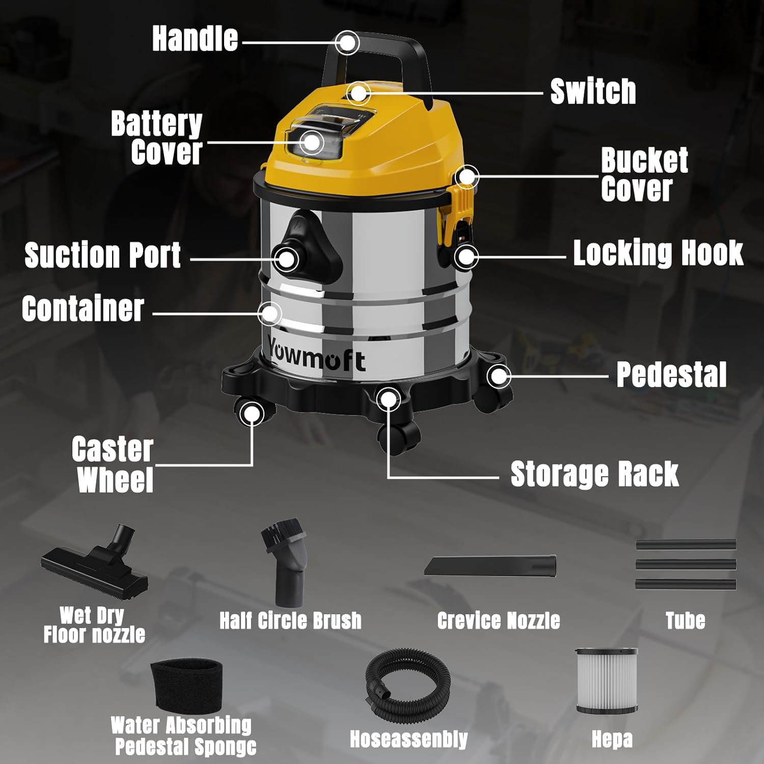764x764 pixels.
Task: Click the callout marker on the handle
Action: click(x=348, y=43)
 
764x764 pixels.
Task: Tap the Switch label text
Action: click(x=593, y=92)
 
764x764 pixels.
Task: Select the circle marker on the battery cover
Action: click(x=312, y=142)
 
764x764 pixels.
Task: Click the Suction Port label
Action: click(x=102, y=255)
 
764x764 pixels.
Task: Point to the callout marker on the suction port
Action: click(x=287, y=259)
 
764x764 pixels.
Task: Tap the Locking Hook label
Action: click(x=658, y=253)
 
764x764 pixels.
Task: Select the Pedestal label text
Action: click(x=671, y=375)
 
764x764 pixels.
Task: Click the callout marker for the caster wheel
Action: click(x=252, y=414)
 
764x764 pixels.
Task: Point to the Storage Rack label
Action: click(x=594, y=474)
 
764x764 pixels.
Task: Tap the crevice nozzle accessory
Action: click(x=490, y=566)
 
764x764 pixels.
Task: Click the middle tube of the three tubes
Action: click(x=686, y=564)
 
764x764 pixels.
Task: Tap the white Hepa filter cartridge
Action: click(x=606, y=681)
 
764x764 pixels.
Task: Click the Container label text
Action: click(x=83, y=309)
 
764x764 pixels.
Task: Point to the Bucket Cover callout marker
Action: click(x=466, y=177)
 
